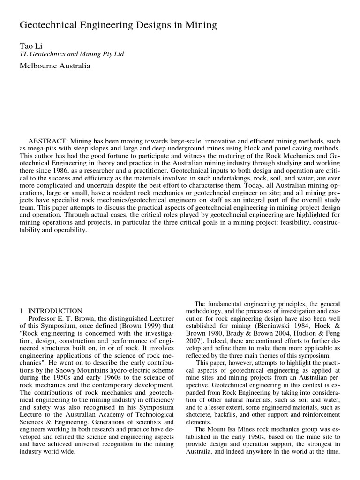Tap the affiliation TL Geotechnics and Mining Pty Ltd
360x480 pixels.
pyautogui.click(x=71, y=54)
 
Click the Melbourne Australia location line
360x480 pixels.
pyautogui.click(x=54, y=66)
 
